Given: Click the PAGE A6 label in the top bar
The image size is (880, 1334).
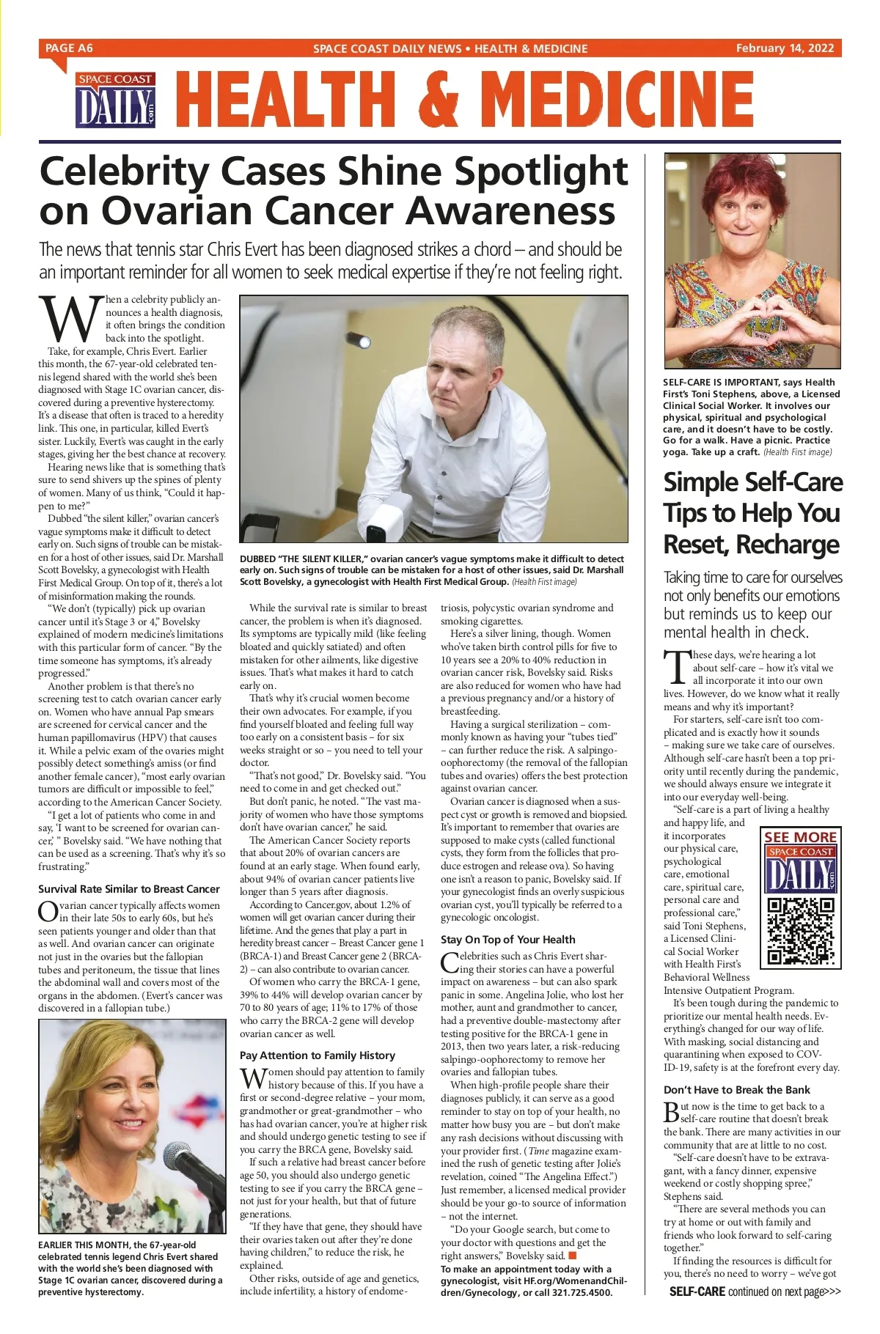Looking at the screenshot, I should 69,48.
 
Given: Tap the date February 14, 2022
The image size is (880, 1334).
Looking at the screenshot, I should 785,48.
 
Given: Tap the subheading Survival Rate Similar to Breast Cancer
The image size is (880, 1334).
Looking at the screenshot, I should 129,889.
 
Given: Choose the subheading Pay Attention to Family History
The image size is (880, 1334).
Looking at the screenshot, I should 318,1055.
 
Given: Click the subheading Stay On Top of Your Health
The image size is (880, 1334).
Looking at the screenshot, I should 508,940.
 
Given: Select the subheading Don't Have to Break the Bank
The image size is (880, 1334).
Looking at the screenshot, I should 737,1090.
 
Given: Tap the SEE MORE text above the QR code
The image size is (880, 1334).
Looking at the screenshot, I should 800,837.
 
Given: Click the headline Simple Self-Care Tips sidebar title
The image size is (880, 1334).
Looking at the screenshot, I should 752,513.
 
